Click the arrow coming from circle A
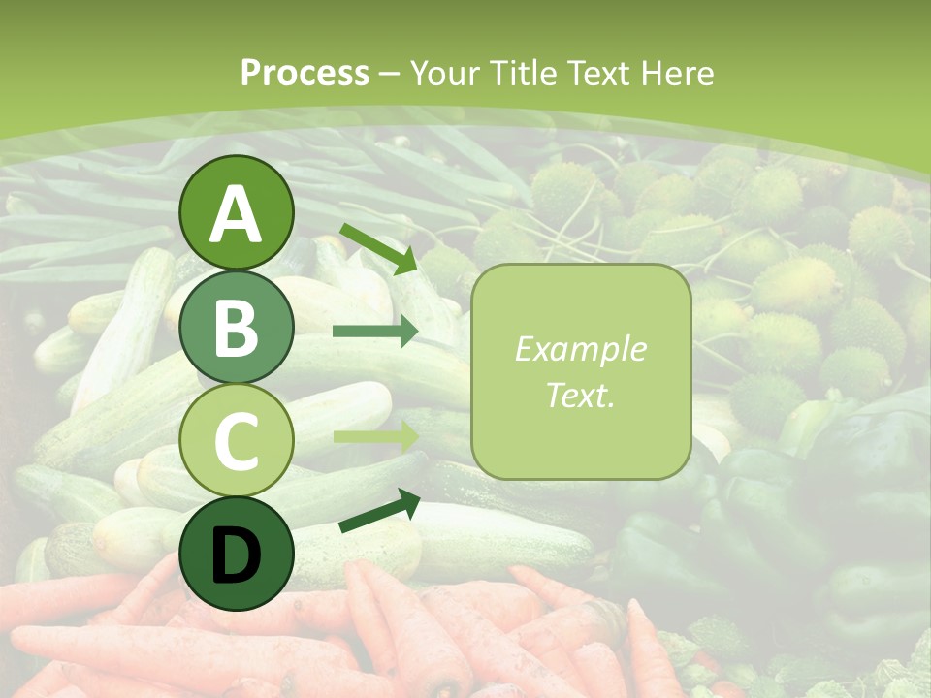pos(377,246)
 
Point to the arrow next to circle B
pos(374,332)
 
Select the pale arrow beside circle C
pos(374,436)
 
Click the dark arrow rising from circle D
pos(378,511)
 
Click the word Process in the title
pos(305,74)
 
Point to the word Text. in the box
pos(580,395)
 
